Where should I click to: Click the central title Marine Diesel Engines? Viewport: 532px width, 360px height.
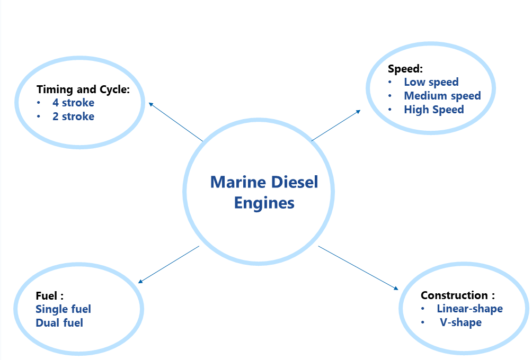(264, 192)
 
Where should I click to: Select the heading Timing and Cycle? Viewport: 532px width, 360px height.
(83, 89)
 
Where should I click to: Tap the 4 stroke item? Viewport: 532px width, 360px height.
(73, 103)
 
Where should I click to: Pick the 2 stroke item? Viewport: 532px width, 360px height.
(73, 116)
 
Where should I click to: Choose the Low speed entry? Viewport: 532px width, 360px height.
(431, 82)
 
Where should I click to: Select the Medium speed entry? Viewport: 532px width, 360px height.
(442, 96)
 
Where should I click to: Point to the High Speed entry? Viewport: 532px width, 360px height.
(433, 110)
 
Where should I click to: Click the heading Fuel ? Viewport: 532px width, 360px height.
(50, 295)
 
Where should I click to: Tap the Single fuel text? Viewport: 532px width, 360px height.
(63, 309)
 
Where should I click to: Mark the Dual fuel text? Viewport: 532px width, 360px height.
(59, 322)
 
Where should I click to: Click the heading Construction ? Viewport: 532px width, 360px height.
(457, 295)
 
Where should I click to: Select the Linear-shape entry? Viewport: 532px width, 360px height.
(469, 309)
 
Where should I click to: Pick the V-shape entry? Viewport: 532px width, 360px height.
(460, 322)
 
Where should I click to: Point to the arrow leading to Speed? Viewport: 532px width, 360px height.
(335, 125)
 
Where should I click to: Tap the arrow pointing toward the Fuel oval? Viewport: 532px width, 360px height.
(169, 265)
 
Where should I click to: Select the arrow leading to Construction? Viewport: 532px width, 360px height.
(358, 268)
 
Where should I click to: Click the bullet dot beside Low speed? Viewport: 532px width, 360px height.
(390, 82)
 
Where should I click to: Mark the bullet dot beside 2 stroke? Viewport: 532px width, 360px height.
(39, 116)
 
